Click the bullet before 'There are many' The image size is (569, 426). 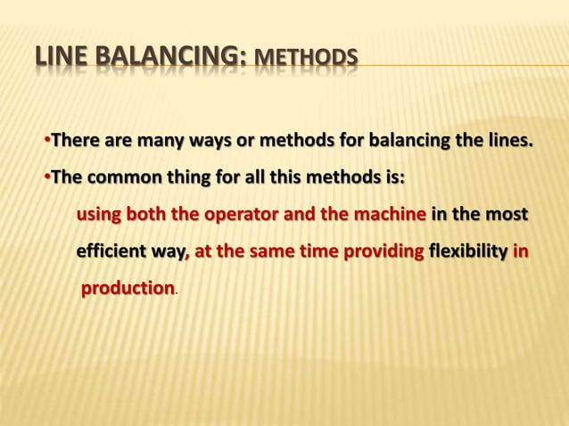[45, 141]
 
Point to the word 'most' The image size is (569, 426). [507, 216]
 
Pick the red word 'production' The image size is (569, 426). [128, 290]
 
